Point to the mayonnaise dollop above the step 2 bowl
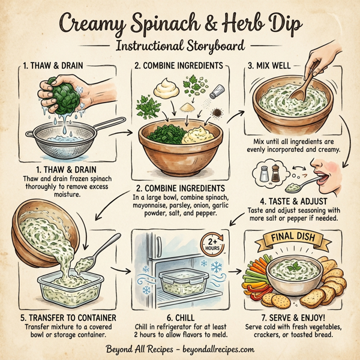click(x=167, y=89)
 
